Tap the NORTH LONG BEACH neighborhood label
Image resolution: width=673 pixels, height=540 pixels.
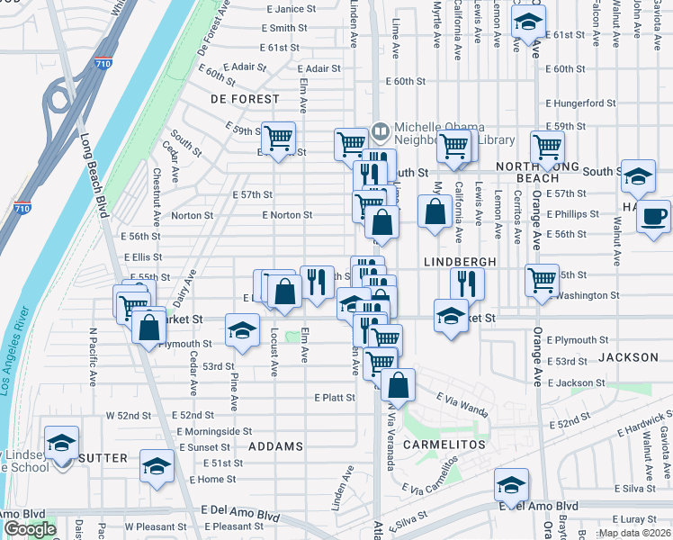click(540, 172)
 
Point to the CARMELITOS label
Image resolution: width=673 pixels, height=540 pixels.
click(444, 445)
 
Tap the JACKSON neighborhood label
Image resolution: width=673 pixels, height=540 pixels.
click(628, 357)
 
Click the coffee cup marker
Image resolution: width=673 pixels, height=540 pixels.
click(654, 216)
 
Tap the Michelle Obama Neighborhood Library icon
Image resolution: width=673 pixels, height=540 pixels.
click(381, 132)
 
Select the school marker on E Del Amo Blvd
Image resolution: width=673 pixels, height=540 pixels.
click(511, 484)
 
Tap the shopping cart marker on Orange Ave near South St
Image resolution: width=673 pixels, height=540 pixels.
click(547, 146)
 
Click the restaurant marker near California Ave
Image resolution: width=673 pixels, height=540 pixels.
click(467, 283)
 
